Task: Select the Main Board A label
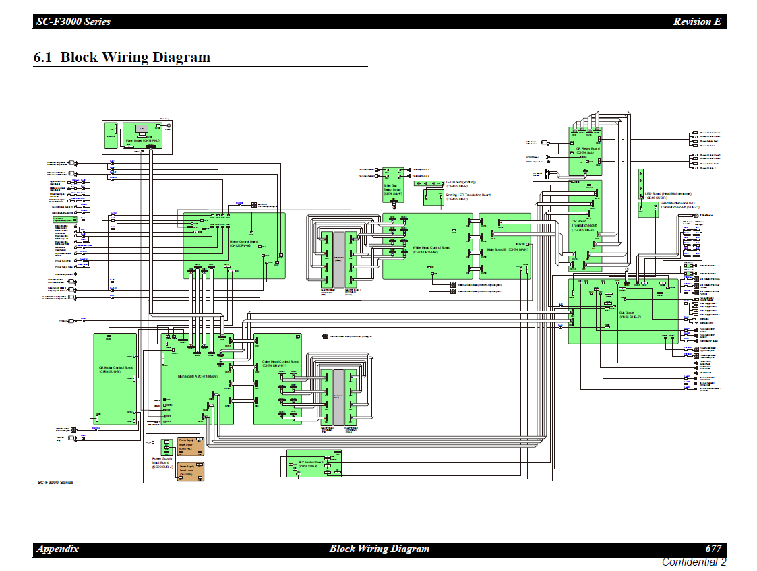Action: coord(197,376)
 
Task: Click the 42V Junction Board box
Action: coord(313,464)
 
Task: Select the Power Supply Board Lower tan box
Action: coord(186,471)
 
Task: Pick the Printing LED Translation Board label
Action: coord(468,197)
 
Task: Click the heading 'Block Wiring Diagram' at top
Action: coord(122,57)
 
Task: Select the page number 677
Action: coord(713,549)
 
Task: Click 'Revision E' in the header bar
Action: coord(697,22)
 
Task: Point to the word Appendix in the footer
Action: coord(58,549)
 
